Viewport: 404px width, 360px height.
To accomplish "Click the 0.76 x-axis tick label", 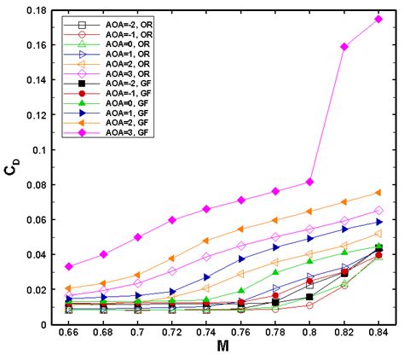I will [241, 335].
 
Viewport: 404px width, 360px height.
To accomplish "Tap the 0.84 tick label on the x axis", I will [378, 335].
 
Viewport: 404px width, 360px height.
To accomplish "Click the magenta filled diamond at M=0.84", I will [378, 19].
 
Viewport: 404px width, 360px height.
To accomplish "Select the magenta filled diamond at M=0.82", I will [344, 46].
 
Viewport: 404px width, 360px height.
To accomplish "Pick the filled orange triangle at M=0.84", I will [378, 193].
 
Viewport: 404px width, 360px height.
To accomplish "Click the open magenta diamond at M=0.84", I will [378, 210].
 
